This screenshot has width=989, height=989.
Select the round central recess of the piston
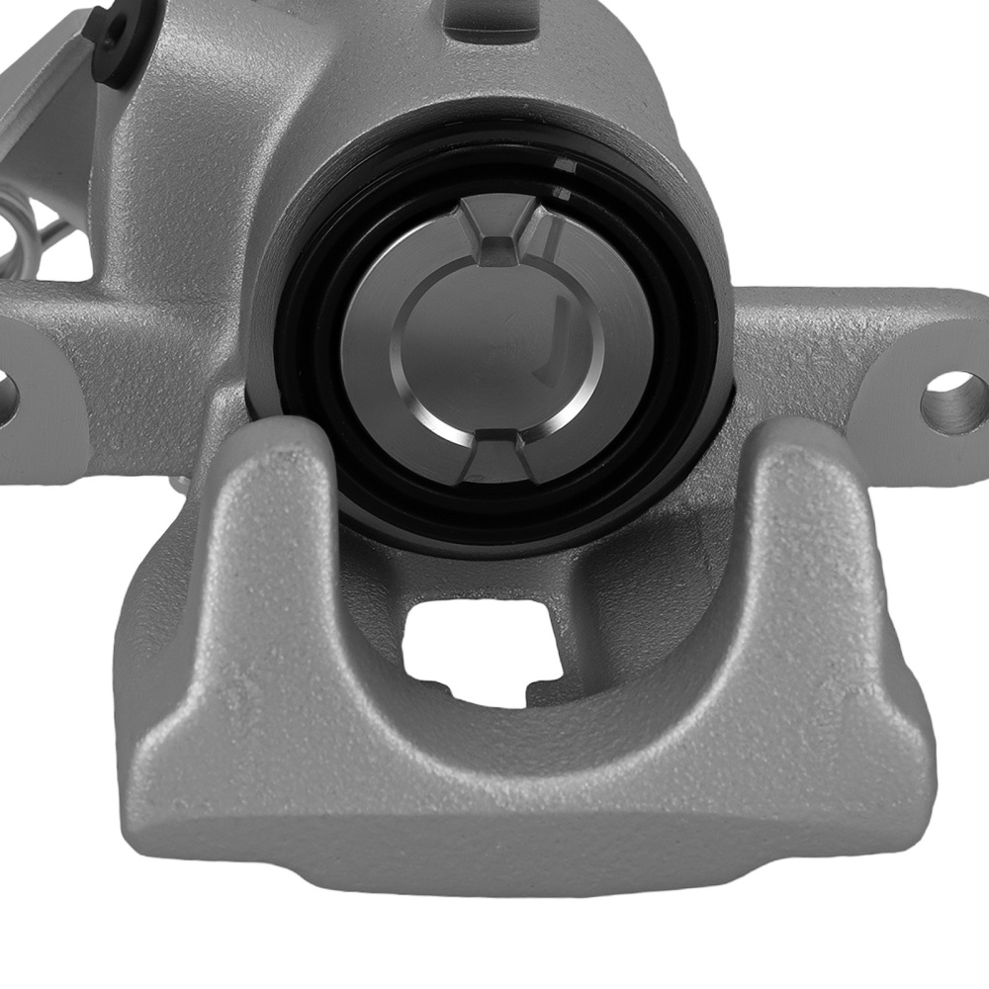coord(494,346)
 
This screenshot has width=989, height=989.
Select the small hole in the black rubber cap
coord(108,27)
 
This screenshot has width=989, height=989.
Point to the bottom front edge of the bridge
coord(534,851)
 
